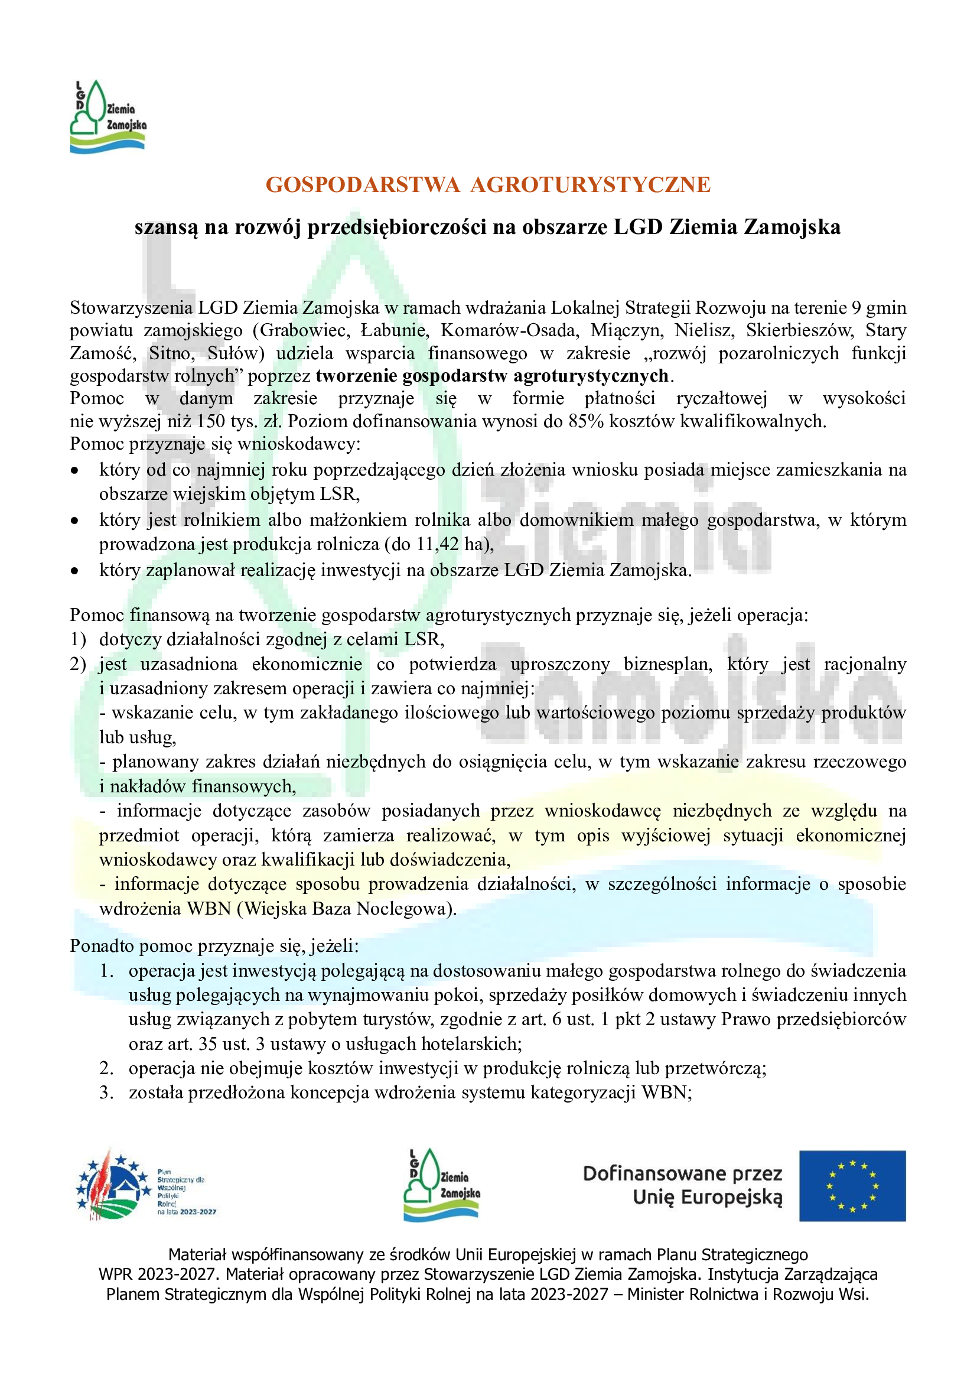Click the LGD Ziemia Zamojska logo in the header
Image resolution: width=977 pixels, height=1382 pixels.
click(108, 117)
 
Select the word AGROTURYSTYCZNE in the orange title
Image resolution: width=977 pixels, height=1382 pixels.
click(590, 185)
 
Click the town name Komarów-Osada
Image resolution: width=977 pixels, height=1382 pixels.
click(509, 330)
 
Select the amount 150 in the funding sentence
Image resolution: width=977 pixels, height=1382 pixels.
click(210, 421)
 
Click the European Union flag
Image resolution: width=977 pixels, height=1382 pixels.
click(852, 1186)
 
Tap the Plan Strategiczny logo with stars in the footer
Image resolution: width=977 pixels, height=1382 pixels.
click(115, 1186)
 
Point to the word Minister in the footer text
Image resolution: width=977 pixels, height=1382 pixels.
click(654, 1295)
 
